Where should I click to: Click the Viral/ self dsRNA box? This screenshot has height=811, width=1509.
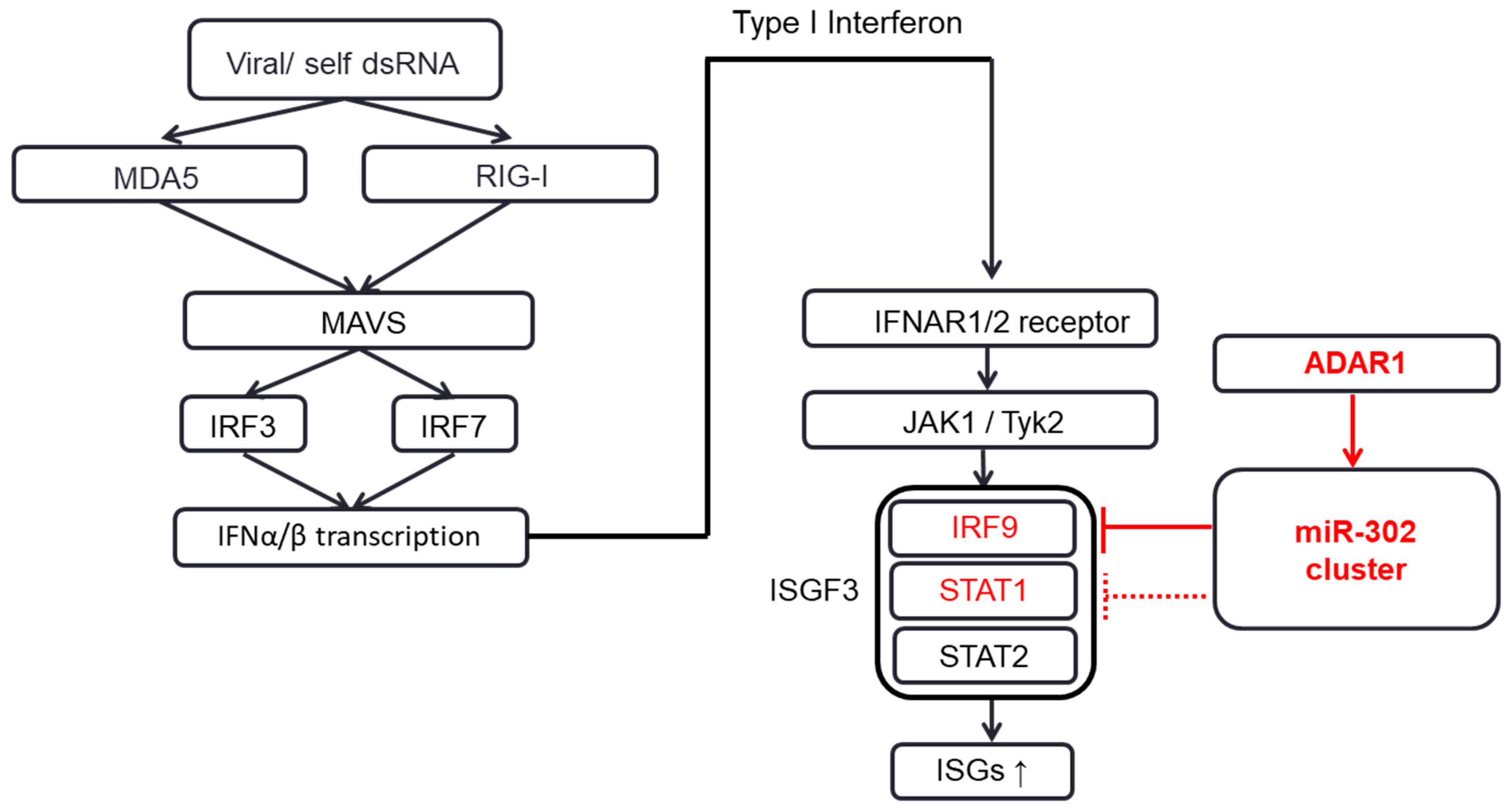point(345,60)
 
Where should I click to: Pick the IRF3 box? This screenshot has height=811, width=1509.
point(243,425)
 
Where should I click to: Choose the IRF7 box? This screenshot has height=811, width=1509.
point(454,425)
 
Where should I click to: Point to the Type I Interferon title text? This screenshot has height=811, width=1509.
point(847,23)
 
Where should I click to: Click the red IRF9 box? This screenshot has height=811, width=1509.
point(983,527)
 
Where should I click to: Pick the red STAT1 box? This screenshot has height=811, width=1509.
point(983,590)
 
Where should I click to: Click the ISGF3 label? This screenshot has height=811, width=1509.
point(813,590)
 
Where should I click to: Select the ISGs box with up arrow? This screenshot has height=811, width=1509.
point(982,770)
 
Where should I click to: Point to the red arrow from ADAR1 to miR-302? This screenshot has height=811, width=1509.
point(1353,430)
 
